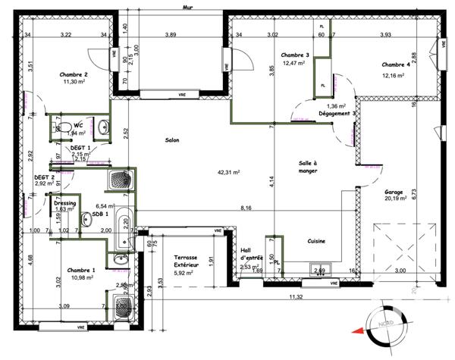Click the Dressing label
pos(64,202)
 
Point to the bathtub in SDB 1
pos(124,228)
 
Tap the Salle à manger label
pos(308,167)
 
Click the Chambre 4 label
pos(396,64)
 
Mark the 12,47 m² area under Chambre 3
pos(293,64)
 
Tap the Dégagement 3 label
pos(337,114)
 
